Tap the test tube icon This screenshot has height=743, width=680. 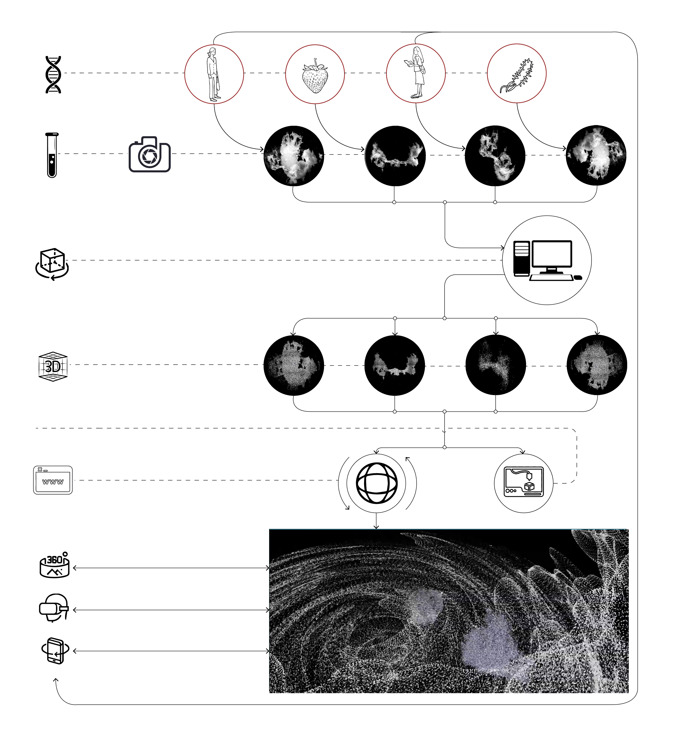click(x=52, y=155)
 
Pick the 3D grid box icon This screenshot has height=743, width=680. click(x=53, y=367)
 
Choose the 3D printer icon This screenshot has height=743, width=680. click(x=524, y=482)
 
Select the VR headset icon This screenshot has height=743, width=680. click(x=54, y=608)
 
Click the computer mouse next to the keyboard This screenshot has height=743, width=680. click(x=578, y=277)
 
